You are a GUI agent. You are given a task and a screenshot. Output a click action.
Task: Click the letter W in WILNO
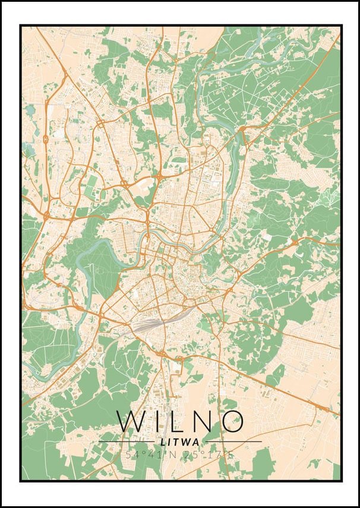coord(131,421)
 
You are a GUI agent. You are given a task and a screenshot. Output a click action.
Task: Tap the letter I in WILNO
coord(156,421)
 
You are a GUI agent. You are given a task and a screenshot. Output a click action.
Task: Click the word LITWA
coord(180,442)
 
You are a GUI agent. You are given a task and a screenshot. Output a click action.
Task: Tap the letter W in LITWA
coord(188,442)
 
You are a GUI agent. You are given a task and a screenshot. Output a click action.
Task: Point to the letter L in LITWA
coord(164,442)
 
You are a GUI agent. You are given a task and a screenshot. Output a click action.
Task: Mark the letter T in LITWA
coord(178,442)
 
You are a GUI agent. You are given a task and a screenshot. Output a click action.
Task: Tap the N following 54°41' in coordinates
coord(173,455)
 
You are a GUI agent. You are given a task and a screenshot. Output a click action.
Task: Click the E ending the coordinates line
coord(232,455)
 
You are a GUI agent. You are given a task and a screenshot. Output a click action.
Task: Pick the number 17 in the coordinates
coord(216,455)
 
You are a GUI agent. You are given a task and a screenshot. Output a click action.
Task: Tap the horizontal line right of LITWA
coord(232,442)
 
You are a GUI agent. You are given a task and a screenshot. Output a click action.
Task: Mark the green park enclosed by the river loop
coord(98,264)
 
